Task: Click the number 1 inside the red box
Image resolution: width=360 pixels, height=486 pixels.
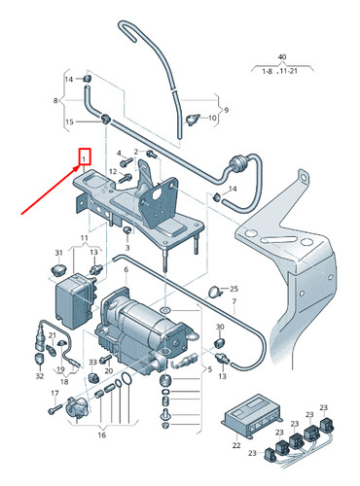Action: pyautogui.click(x=85, y=156)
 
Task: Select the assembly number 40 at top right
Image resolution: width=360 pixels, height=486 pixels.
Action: pyautogui.click(x=282, y=57)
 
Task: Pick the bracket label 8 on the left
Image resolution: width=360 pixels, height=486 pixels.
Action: pyautogui.click(x=55, y=100)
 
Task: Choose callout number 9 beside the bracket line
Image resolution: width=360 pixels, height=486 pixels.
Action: pyautogui.click(x=226, y=110)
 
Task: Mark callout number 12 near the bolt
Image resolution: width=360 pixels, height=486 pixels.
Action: pyautogui.click(x=114, y=172)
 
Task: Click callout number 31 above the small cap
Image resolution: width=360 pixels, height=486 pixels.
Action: pyautogui.click(x=59, y=253)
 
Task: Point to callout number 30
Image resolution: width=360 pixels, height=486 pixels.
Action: pyautogui.click(x=220, y=328)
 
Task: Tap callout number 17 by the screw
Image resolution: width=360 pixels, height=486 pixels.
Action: pyautogui.click(x=54, y=393)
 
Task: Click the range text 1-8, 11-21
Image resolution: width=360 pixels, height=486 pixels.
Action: pyautogui.click(x=283, y=71)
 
